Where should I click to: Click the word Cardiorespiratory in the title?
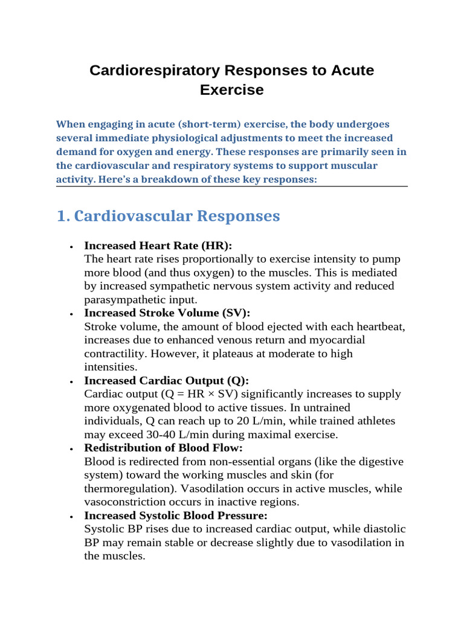(x=154, y=70)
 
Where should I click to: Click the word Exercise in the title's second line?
(x=232, y=90)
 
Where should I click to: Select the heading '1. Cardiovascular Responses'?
(x=168, y=216)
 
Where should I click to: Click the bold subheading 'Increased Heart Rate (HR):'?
(x=158, y=246)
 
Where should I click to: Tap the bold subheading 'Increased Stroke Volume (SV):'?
(x=167, y=313)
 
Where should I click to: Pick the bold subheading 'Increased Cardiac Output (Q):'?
(x=167, y=381)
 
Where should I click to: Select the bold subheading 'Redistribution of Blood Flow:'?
(x=164, y=448)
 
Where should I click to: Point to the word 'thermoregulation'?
(x=127, y=489)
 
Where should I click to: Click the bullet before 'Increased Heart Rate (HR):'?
(x=71, y=247)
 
